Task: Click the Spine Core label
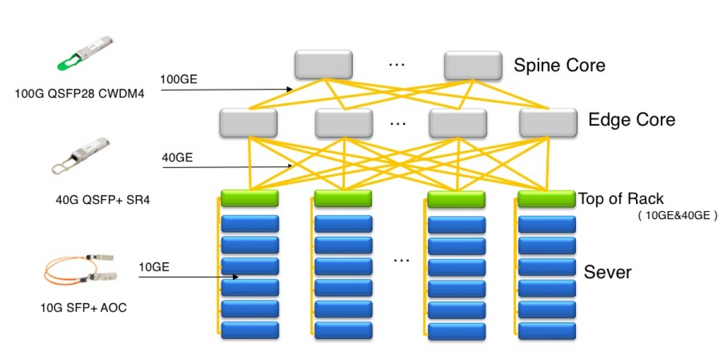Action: click(x=559, y=65)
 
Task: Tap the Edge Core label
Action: click(x=632, y=119)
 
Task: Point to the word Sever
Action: click(x=608, y=272)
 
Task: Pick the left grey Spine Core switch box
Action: click(x=323, y=65)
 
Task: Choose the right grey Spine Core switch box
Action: click(x=472, y=65)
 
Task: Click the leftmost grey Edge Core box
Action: click(x=248, y=122)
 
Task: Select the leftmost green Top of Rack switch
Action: click(x=250, y=198)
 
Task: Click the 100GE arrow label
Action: click(x=178, y=79)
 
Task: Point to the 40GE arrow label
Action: click(x=177, y=158)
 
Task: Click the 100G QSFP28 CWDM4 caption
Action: click(x=80, y=94)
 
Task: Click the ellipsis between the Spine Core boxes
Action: click(x=397, y=64)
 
